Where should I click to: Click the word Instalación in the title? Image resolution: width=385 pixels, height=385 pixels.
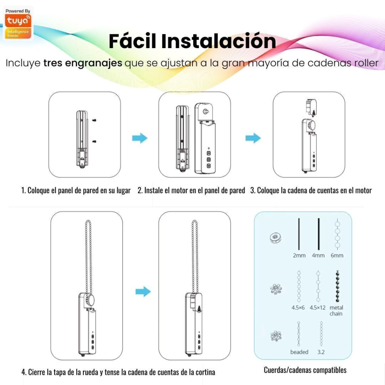click(218, 41)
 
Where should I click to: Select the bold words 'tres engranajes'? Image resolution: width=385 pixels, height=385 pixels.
click(83, 63)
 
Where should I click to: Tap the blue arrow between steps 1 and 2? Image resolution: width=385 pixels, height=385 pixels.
click(140, 138)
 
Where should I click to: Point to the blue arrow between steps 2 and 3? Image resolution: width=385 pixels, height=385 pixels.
click(253, 138)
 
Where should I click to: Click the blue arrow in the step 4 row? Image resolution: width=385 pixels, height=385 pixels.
click(143, 291)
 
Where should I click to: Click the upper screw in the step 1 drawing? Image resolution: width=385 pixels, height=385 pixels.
click(94, 120)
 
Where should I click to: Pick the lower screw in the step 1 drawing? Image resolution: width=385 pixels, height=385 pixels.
click(94, 141)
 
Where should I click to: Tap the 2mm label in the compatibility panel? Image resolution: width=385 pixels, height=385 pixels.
click(299, 256)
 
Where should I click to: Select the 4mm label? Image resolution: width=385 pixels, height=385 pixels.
click(318, 256)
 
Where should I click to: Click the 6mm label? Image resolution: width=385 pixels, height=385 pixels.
click(337, 256)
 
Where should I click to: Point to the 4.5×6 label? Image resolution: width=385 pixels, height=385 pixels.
click(298, 308)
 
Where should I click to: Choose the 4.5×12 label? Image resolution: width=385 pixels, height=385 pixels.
click(317, 308)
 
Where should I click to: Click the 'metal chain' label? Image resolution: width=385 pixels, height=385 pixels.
click(336, 311)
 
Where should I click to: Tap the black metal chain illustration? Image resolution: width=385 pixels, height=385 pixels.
click(337, 286)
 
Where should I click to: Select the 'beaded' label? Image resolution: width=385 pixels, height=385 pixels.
click(299, 352)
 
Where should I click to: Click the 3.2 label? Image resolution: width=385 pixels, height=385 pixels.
click(321, 352)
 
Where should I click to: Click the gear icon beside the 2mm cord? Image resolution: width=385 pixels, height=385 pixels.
click(276, 238)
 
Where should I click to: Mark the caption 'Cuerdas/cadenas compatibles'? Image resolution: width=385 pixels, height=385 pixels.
click(305, 370)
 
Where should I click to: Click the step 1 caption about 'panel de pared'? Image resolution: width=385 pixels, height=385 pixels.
click(76, 190)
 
